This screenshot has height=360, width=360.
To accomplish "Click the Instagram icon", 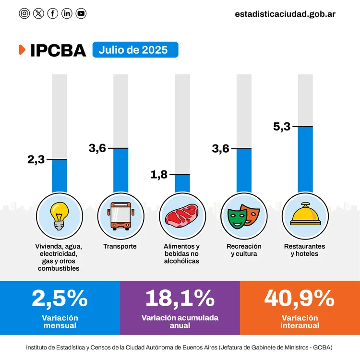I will [x=24, y=13].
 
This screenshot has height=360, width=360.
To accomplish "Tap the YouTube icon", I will [x=81, y=13].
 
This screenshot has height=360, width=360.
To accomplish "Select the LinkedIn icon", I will [x=67, y=13].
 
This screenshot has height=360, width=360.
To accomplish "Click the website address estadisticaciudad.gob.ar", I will [x=285, y=13].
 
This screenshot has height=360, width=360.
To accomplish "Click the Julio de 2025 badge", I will [x=135, y=50].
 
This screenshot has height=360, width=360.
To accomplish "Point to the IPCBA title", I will [x=58, y=50].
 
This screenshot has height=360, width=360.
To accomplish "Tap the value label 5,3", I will [x=282, y=127].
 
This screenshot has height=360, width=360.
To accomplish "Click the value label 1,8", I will [x=159, y=175].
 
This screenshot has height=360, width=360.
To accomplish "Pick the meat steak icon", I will [x=181, y=215].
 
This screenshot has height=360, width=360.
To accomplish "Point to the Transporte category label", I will [x=120, y=246].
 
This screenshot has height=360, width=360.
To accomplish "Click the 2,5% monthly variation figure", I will [x=60, y=298].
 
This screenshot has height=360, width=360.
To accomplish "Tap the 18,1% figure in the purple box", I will [x=180, y=298].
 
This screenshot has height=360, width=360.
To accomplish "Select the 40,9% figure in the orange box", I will [x=300, y=298].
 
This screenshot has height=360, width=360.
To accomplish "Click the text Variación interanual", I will [x=300, y=322].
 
